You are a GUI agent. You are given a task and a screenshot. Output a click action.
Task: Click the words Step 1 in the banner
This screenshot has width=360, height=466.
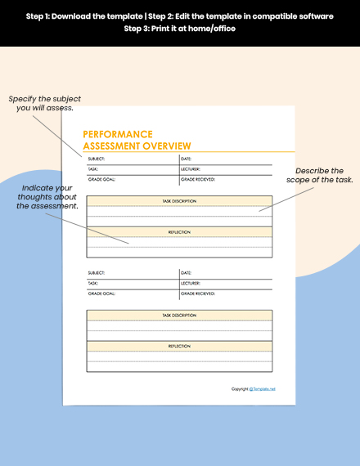click(x=41, y=16)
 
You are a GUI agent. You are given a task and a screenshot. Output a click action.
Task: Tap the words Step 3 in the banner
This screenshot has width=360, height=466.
click(x=139, y=29)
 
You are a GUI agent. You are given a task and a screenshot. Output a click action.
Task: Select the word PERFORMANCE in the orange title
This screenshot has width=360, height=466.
click(x=118, y=134)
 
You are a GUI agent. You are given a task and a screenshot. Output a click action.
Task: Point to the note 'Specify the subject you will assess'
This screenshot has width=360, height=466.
click(x=45, y=103)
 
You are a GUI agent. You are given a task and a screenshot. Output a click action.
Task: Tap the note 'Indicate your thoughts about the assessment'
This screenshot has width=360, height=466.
click(x=48, y=197)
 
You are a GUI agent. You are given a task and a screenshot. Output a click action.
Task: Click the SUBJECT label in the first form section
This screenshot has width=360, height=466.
click(x=96, y=159)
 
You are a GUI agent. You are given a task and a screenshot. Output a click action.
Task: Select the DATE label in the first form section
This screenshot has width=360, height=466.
click(x=186, y=159)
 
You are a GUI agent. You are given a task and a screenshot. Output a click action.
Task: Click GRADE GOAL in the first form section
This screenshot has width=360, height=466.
click(x=101, y=178)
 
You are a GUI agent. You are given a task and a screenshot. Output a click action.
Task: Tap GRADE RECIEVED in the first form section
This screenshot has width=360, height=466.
click(x=198, y=178)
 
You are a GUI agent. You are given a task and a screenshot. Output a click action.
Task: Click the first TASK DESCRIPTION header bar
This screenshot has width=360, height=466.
click(x=179, y=200)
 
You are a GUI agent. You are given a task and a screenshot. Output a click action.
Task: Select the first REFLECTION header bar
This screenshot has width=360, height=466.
click(x=179, y=232)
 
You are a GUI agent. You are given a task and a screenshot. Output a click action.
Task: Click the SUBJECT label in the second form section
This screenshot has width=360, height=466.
click(x=96, y=272)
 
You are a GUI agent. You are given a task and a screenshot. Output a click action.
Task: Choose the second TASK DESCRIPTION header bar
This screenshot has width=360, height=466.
click(x=179, y=315)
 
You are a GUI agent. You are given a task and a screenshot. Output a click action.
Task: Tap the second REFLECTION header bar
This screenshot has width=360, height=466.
click(x=179, y=346)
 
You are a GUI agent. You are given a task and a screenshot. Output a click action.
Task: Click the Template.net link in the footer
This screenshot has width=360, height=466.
click(x=263, y=389)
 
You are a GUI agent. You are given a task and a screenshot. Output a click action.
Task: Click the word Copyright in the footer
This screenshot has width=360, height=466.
click(x=240, y=389)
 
